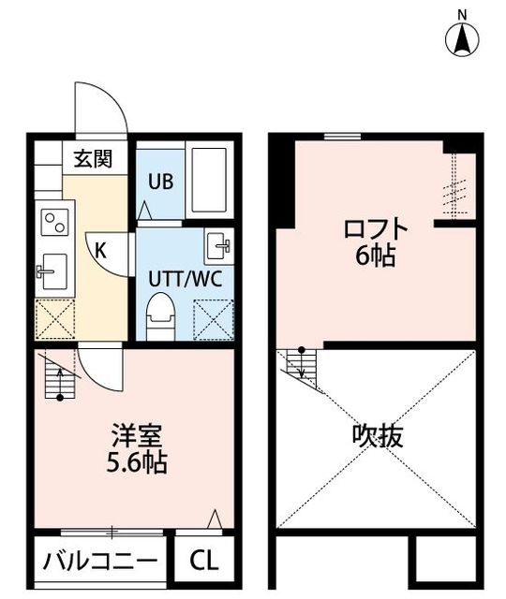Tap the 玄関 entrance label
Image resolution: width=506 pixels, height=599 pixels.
tap(93, 158)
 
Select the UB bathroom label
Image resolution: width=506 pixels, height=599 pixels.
tap(160, 182)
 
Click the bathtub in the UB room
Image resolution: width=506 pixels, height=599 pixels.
tap(209, 180)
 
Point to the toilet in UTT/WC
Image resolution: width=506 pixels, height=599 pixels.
tap(160, 316)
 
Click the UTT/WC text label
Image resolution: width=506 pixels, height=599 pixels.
tap(186, 279)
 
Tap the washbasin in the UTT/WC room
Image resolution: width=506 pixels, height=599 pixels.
tap(218, 246)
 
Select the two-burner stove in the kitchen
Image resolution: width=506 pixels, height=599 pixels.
tap(54, 223)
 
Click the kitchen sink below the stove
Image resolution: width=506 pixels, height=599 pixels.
tap(54, 271)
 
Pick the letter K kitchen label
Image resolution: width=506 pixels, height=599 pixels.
tap(100, 251)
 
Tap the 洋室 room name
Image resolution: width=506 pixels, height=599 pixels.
tap(137, 436)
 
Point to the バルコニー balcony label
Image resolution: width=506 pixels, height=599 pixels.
tap(100, 562)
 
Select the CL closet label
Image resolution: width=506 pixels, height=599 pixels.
tap(204, 561)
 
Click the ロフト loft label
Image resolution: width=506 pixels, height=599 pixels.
tap(375, 228)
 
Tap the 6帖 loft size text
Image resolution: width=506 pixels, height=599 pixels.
tap(375, 256)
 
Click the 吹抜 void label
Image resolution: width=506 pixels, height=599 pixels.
tap(378, 436)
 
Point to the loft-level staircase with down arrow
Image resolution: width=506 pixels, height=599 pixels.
tap(302, 368)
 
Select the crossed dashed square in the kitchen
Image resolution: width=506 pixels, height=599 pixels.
tap(54, 319)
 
